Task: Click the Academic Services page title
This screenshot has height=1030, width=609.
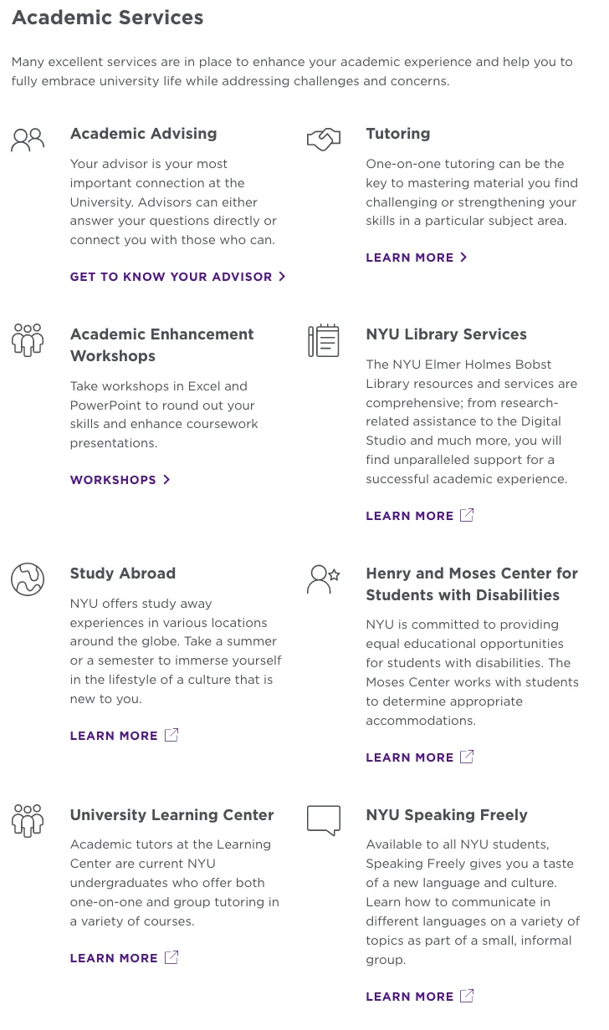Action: [x=107, y=18]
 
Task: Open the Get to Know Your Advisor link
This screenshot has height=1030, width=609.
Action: [x=177, y=277]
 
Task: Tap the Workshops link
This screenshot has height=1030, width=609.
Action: [x=120, y=480]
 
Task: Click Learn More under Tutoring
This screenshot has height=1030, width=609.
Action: [x=416, y=257]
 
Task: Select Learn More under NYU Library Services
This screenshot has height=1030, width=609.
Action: [x=419, y=516]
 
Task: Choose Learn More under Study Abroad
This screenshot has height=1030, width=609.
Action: [x=124, y=736]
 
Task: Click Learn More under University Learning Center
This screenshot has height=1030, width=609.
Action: [x=124, y=958]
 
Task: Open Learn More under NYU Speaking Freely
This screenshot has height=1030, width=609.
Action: [x=419, y=997]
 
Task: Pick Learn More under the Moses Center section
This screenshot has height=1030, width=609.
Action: [x=419, y=757]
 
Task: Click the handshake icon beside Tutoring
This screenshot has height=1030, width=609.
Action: [x=324, y=139]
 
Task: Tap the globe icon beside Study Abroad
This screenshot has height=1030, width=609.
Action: [x=28, y=579]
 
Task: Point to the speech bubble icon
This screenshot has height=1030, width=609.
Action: [x=324, y=820]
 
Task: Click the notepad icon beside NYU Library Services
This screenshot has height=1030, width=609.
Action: [x=324, y=340]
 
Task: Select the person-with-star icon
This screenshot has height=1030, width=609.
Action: [x=324, y=579]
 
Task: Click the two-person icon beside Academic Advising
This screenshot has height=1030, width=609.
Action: [x=28, y=139]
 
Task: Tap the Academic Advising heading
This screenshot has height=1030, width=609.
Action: [x=143, y=134]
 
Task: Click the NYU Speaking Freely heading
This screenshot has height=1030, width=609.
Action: [x=447, y=815]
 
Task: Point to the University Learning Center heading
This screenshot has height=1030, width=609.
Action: [x=171, y=815]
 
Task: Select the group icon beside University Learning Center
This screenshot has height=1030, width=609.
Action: [x=28, y=820]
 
